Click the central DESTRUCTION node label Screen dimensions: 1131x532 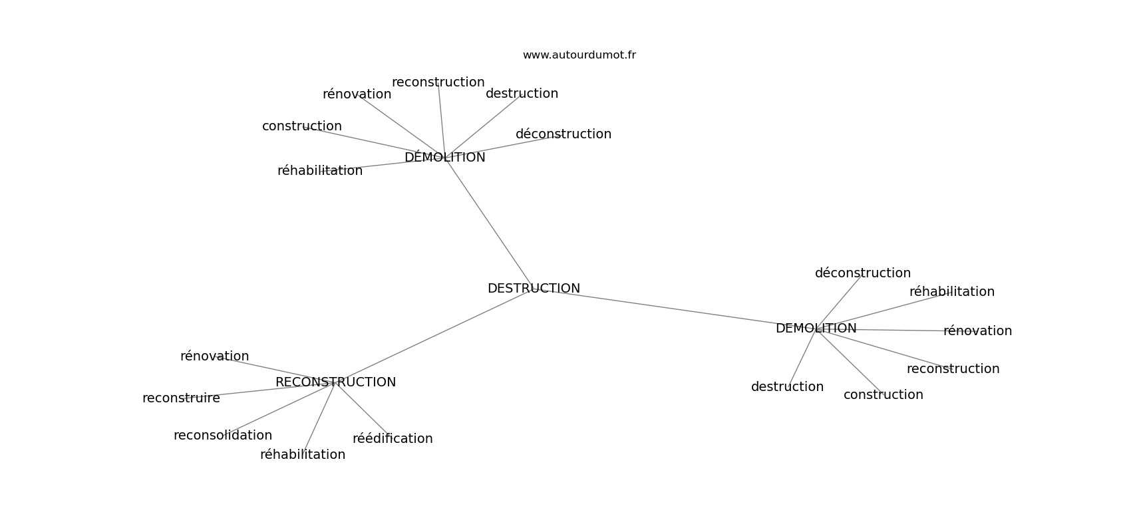point(534,288)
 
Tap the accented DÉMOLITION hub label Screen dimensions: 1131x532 point(445,157)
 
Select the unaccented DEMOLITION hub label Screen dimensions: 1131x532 point(816,328)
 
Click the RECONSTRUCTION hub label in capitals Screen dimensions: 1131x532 point(336,382)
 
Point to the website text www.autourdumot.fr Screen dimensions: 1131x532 point(579,55)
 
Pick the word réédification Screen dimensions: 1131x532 point(393,438)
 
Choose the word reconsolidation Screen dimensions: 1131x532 point(223,435)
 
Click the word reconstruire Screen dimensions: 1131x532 point(181,398)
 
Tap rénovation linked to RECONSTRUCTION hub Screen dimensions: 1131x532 point(215,356)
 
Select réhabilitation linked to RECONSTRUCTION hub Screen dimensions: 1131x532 point(303,454)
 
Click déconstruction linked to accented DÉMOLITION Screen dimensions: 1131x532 point(564,134)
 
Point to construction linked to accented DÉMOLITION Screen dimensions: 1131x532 point(302,126)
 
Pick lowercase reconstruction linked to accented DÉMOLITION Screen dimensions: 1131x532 point(438,82)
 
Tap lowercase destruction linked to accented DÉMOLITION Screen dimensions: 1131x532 point(522,93)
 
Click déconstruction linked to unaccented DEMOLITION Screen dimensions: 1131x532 point(863,273)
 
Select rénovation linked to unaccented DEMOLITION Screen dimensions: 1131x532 point(977,331)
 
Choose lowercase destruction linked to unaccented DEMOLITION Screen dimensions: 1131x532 point(787,386)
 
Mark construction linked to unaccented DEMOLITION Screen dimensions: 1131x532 point(884,395)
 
